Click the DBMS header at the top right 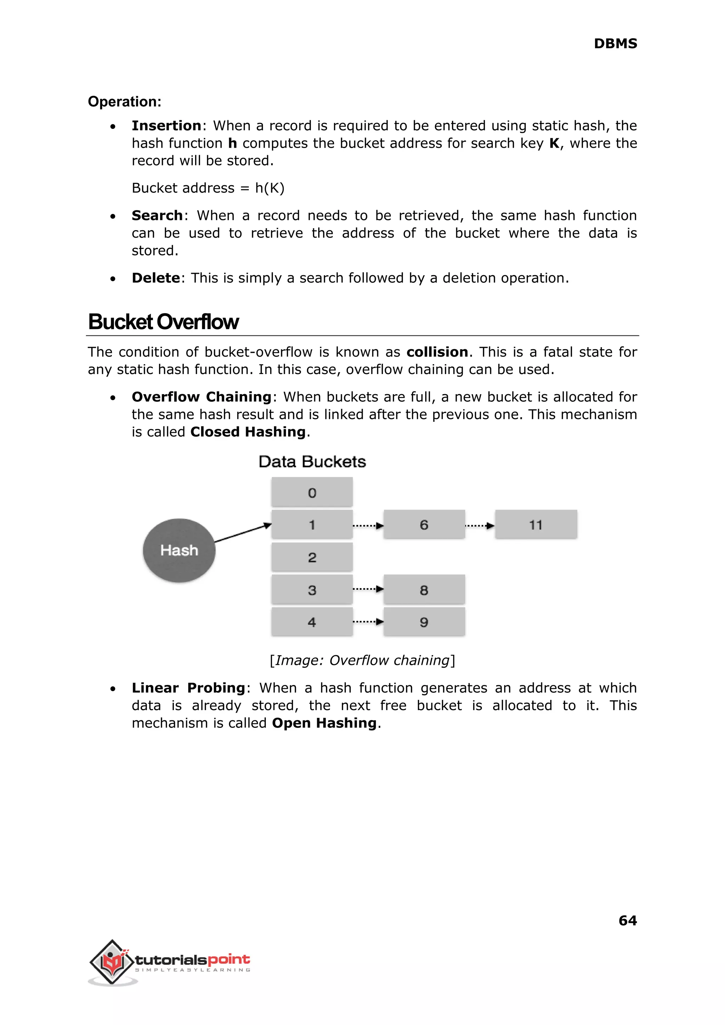click(615, 44)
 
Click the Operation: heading click(125, 102)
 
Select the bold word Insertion click(166, 126)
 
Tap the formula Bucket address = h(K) click(208, 188)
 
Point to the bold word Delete click(155, 278)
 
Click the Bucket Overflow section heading click(164, 322)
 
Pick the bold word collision click(437, 352)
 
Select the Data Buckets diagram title click(312, 462)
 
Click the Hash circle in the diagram click(179, 550)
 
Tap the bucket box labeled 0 click(312, 492)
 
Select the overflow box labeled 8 click(424, 590)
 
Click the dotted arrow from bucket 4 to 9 click(368, 622)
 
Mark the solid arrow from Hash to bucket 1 click(243, 533)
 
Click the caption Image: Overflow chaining click(362, 661)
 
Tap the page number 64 click(627, 921)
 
